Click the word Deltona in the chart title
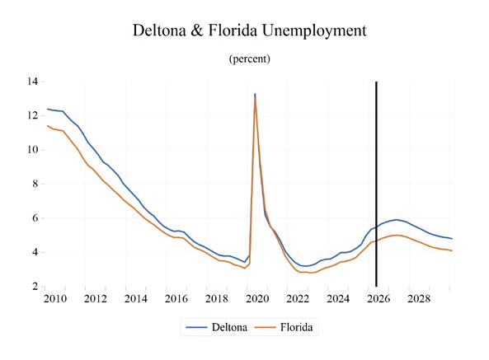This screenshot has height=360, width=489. click(x=159, y=30)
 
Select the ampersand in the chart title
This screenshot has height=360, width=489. click(x=197, y=30)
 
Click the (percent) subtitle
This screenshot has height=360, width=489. click(x=250, y=58)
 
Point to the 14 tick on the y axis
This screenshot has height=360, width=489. click(x=32, y=82)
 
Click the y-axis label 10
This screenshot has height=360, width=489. click(x=32, y=150)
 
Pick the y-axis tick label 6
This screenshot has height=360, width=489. click(x=35, y=218)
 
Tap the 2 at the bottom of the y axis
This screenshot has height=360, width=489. click(x=35, y=286)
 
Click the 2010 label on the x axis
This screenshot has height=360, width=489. click(x=55, y=299)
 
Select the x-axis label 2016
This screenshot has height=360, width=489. click(x=176, y=299)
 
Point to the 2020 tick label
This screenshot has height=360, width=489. click(x=257, y=299)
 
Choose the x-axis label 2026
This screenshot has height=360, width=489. click(x=379, y=299)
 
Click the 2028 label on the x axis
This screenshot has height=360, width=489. click(x=419, y=299)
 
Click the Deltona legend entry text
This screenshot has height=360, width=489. click(x=229, y=327)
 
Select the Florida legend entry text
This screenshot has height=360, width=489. click(x=296, y=327)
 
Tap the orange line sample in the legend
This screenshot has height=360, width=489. click(x=266, y=327)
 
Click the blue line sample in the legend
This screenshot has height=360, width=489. click(x=196, y=327)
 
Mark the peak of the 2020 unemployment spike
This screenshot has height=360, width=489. click(x=255, y=93)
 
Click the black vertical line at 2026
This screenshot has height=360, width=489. click(x=376, y=184)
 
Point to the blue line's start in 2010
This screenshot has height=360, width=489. click(x=47, y=109)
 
